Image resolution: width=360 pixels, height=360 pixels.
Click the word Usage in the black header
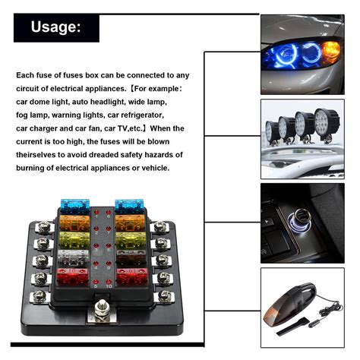click(55, 28)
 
